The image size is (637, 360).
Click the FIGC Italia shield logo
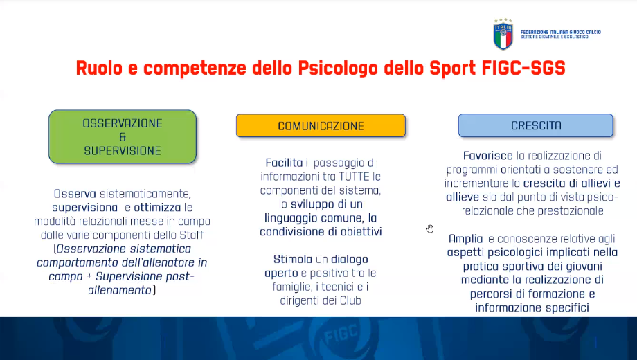[503, 34]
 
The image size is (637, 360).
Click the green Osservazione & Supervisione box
[123, 137]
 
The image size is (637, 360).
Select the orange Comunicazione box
[321, 125]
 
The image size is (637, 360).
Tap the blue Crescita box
[535, 125]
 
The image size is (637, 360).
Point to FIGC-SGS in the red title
[523, 68]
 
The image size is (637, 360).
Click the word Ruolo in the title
[99, 68]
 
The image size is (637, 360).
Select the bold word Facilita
[284, 163]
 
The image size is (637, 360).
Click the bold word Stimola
[293, 259]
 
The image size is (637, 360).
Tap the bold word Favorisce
[488, 156]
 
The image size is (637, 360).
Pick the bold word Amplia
[465, 239]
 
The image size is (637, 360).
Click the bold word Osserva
[75, 194]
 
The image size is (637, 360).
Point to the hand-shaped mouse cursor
[430, 228]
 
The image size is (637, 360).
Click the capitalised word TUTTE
[354, 177]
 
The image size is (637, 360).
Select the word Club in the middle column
[350, 300]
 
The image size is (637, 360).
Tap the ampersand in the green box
[123, 137]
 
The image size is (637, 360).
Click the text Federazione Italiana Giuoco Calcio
[560, 32]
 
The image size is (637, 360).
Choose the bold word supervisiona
[84, 208]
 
